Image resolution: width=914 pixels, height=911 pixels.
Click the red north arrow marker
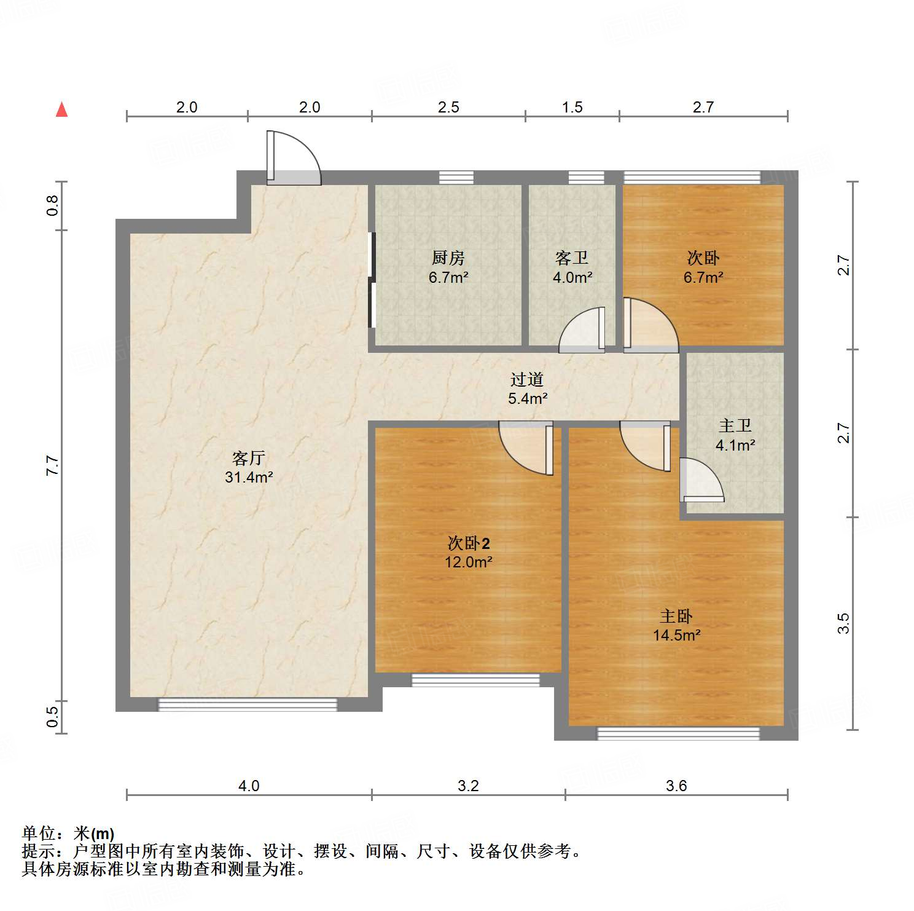tap(61, 109)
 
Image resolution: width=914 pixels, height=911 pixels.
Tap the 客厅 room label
tap(249, 458)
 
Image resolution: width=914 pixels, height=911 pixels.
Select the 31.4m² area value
tap(249, 477)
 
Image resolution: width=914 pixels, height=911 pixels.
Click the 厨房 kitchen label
tap(448, 258)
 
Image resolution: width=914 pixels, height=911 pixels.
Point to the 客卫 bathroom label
tap(572, 258)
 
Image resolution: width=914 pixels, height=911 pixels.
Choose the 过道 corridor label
tap(527, 379)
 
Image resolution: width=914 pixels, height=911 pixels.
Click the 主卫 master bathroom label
tap(735, 425)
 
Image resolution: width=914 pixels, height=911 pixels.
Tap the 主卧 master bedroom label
tap(676, 616)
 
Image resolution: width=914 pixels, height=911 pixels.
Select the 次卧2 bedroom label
tap(469, 543)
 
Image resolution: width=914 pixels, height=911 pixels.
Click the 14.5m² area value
tap(676, 635)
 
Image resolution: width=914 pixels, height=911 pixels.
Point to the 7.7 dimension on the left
tap(53, 465)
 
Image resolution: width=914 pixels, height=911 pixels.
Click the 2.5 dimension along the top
tap(448, 107)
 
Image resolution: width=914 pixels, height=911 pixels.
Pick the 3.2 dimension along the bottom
tap(468, 786)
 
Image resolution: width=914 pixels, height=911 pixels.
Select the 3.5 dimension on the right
tap(844, 623)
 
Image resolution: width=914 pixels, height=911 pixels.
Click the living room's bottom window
tap(248, 704)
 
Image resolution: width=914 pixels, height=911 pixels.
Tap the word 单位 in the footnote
tap(39, 834)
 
